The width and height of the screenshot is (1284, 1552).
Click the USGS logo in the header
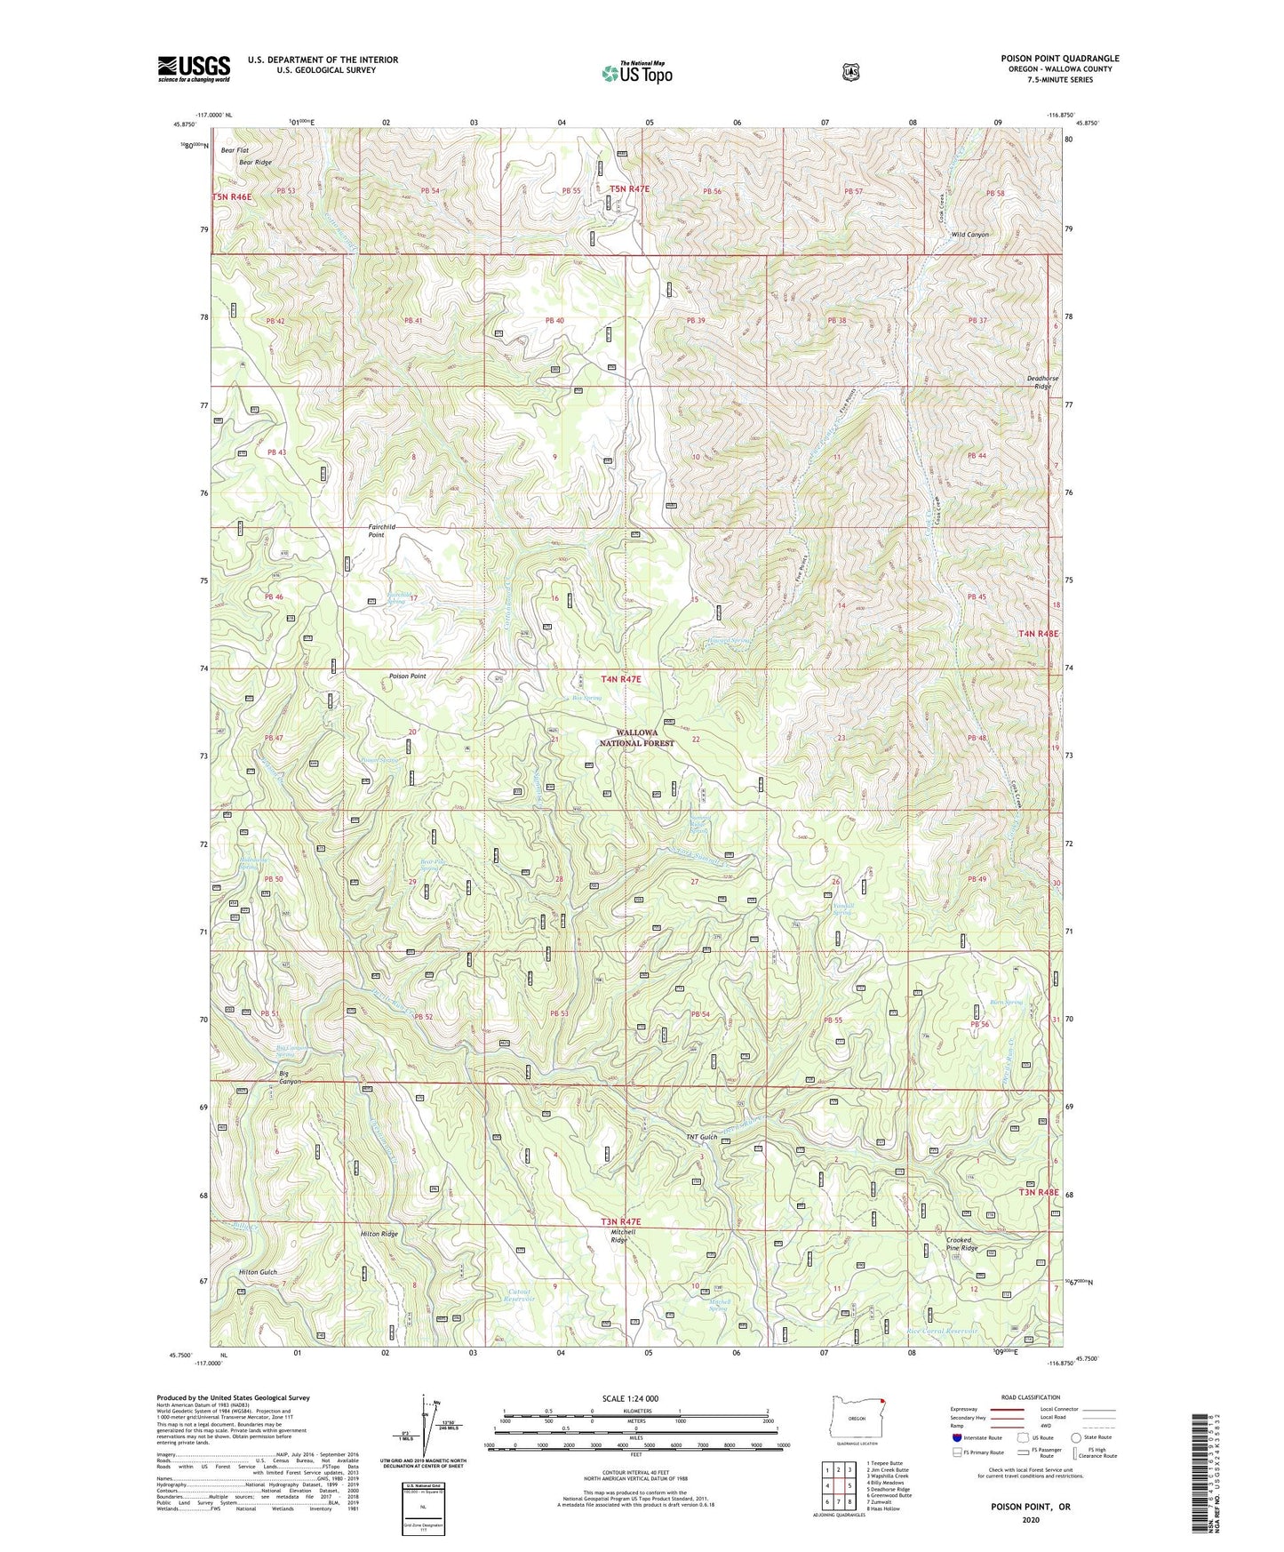click(194, 68)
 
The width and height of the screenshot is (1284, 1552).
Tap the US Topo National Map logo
click(636, 73)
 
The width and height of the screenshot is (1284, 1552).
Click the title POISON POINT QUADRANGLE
click(1059, 59)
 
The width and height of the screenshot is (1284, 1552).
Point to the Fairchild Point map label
click(382, 532)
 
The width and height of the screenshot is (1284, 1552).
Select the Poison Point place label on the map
click(408, 676)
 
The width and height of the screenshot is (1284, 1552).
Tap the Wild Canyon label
click(969, 235)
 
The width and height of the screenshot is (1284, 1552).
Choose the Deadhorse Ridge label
click(1042, 382)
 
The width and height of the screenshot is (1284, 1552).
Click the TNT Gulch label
click(701, 1138)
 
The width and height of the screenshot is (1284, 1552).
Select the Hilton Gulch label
click(257, 1272)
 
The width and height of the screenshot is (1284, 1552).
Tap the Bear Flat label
click(235, 150)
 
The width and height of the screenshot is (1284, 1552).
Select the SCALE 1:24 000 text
click(630, 1398)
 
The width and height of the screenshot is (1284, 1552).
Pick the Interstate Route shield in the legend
click(957, 1436)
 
